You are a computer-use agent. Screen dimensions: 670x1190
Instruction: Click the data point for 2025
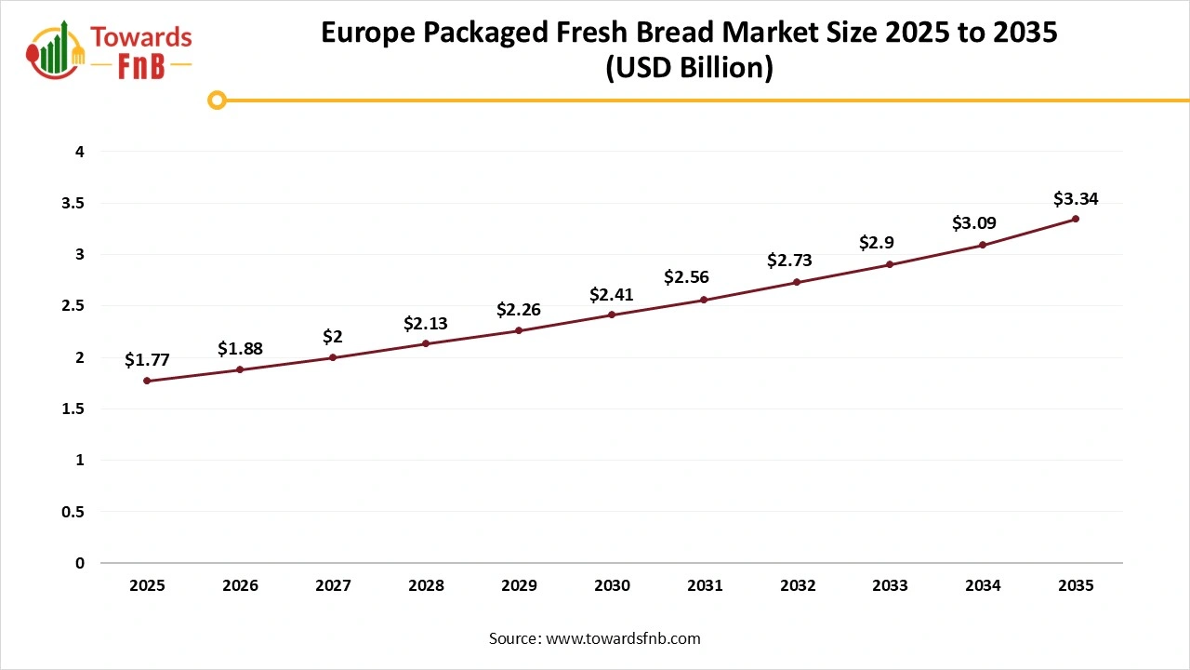coord(147,381)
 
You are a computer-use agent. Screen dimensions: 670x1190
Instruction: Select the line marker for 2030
coord(612,315)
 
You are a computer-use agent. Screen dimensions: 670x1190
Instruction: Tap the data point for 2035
coord(1076,219)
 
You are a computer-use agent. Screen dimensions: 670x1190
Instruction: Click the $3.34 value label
coord(1076,199)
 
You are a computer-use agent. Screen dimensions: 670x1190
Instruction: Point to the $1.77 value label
coord(147,360)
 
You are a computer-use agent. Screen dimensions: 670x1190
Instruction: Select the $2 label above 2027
coord(333,337)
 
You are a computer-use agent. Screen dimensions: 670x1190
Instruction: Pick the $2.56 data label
coord(686,277)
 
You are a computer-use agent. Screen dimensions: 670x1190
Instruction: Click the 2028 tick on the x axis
coord(426,585)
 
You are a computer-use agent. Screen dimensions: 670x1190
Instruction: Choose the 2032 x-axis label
coord(798,585)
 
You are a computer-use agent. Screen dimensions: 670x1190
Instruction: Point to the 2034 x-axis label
coord(983,585)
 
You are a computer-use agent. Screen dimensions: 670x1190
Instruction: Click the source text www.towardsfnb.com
coord(623,638)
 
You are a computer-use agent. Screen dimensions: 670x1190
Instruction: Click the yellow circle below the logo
coord(217,100)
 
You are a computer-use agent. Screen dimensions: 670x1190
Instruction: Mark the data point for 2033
coord(890,264)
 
